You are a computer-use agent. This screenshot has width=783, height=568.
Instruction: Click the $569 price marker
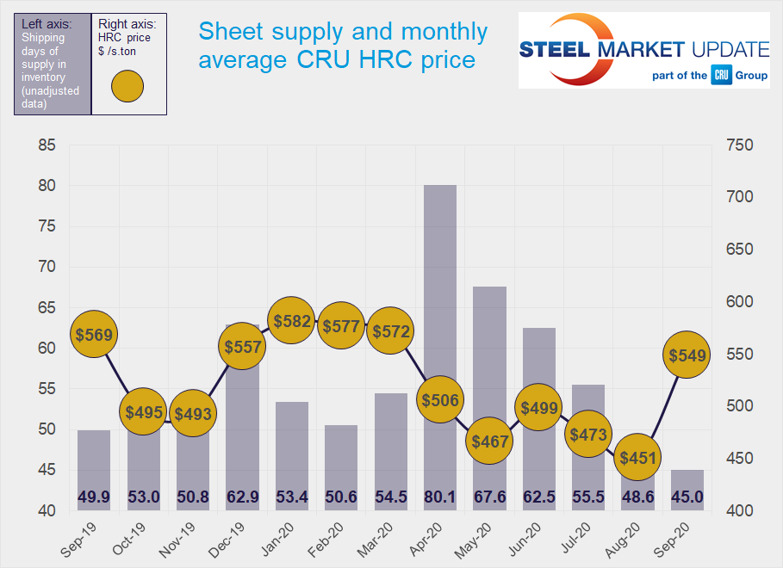pos(94,335)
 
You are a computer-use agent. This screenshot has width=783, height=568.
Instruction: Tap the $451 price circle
pos(638,458)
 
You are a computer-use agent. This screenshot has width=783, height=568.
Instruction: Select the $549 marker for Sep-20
pos(687,355)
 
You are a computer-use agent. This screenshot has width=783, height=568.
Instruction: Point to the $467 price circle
pos(489,441)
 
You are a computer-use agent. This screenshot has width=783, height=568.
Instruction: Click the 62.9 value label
pos(242,497)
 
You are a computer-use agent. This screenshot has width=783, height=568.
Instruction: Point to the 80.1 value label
pos(440,497)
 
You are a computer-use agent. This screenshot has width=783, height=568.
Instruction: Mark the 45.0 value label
pos(687,497)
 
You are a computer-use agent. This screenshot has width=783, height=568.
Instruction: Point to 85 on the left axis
pos(47,145)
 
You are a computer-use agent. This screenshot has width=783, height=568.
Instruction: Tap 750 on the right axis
pos(739,145)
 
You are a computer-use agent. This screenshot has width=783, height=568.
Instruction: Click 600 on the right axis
pos(739,302)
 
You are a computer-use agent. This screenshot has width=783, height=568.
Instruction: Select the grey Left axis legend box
pos(52,64)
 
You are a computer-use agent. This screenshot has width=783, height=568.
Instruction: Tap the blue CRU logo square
pos(721,76)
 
